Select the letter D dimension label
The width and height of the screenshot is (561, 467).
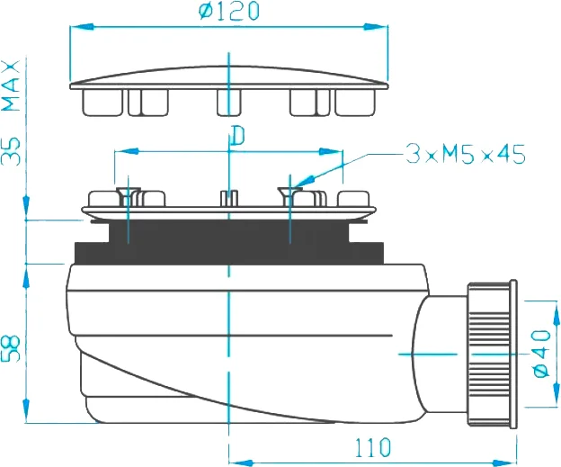[237, 136]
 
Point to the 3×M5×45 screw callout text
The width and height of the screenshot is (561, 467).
[465, 155]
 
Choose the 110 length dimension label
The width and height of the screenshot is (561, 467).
[371, 445]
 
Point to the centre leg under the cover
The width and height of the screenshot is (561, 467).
[229, 104]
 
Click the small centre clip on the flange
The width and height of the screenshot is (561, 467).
[229, 197]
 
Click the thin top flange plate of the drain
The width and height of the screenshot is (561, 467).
[230, 213]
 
